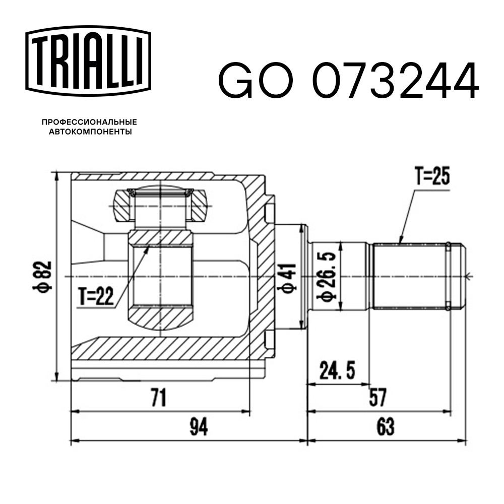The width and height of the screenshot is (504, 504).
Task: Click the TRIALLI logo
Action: pyautogui.click(x=88, y=61)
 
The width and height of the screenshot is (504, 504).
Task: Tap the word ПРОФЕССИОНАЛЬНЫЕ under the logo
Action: pyautogui.click(x=89, y=122)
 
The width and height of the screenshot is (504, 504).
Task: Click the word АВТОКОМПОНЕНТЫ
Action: pyautogui.click(x=90, y=132)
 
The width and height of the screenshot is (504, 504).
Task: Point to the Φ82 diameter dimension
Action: pyautogui.click(x=42, y=276)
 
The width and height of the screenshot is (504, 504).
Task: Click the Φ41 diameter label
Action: pyautogui.click(x=288, y=278)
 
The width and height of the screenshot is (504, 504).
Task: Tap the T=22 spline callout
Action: pyautogui.click(x=96, y=296)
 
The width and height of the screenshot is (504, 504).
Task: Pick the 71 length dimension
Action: pyautogui.click(x=159, y=397)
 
